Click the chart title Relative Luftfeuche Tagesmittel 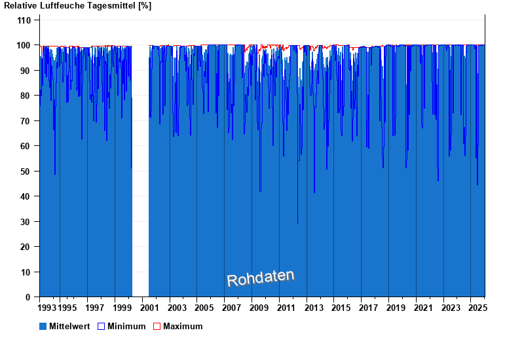pyautogui.click(x=78, y=6)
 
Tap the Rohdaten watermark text pyautogui.click(x=261, y=278)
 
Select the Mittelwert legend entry pyautogui.click(x=65, y=326)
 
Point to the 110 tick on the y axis pyautogui.click(x=24, y=20)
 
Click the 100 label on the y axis pyautogui.click(x=24, y=45)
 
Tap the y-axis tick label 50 pyautogui.click(x=26, y=171)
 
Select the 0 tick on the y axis pyautogui.click(x=28, y=297)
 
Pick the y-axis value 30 pyautogui.click(x=26, y=222)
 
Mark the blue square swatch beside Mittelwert pyautogui.click(x=43, y=326)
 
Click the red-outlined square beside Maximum pyautogui.click(x=157, y=326)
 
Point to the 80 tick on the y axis pyautogui.click(x=26, y=96)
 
